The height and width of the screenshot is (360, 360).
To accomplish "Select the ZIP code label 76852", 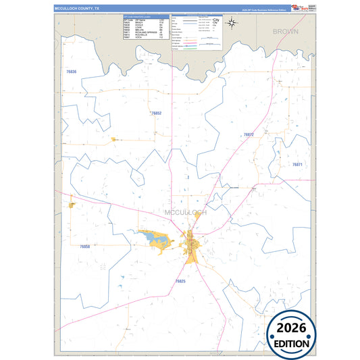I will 155,113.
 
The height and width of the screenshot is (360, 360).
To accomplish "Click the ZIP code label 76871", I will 297,165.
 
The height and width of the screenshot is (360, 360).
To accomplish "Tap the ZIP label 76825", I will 180,280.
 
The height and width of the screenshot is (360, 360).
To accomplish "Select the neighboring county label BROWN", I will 285,32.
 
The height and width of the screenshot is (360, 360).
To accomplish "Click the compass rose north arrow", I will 231,24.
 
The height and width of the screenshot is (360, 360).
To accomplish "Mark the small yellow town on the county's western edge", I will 71,205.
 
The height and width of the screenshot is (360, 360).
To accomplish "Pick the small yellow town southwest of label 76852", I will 113,140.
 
